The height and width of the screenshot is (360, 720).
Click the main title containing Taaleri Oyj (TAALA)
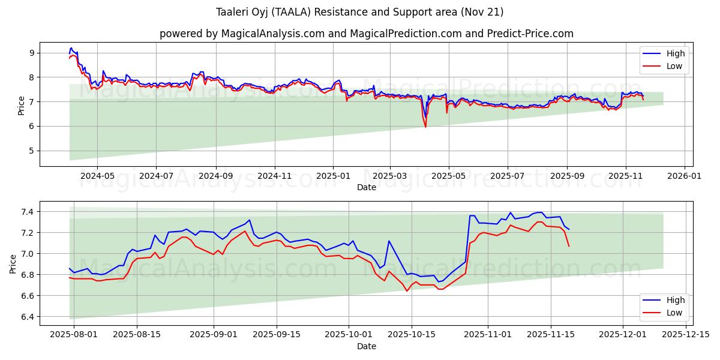359,12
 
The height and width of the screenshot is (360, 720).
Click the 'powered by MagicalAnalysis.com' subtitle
366,34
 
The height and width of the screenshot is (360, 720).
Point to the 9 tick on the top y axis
34,53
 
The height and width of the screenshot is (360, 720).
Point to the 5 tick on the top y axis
34,151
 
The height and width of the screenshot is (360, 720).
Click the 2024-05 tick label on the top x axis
97,176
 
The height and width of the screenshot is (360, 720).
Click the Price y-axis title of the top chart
22,104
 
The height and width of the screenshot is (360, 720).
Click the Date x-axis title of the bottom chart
366,346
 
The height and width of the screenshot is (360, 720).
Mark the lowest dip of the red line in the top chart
425,127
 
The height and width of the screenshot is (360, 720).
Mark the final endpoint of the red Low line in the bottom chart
569,246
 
